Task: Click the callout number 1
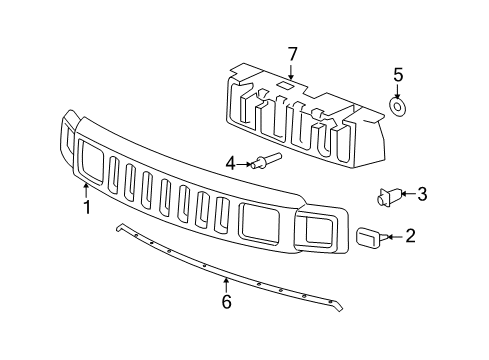tap(87, 207)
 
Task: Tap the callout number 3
tap(421, 194)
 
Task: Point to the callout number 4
tap(229, 162)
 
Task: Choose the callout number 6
tap(226, 301)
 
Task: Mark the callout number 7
tap(293, 52)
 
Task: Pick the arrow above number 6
tap(226, 283)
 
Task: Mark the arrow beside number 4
tap(243, 162)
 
